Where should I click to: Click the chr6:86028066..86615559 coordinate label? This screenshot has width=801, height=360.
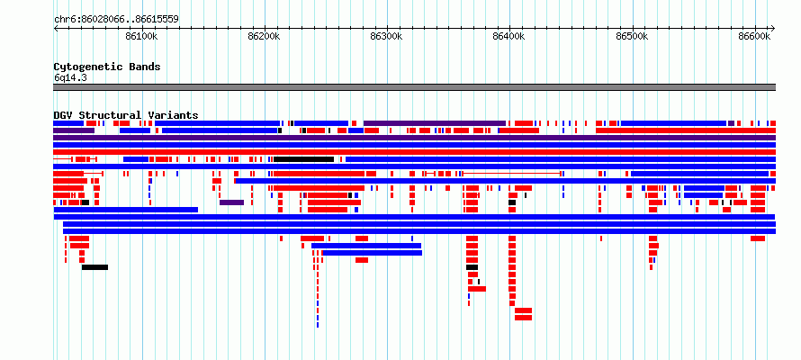coord(116,20)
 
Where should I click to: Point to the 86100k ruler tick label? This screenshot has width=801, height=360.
coord(141,36)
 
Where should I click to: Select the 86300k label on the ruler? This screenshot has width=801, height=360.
coord(387,36)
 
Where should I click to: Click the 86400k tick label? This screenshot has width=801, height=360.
coord(509,36)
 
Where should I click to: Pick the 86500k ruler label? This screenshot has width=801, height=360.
coord(632,36)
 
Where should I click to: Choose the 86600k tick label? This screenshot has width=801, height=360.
coord(754,36)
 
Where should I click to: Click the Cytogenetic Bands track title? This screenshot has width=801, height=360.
coord(107,67)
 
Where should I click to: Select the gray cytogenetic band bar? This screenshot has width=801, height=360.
coord(414,87)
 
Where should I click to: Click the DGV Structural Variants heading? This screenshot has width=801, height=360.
coord(126,115)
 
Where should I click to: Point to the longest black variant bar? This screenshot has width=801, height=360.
coord(303,159)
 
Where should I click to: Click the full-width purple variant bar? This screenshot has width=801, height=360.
coord(414,138)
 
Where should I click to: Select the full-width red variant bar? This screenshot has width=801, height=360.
coord(414,152)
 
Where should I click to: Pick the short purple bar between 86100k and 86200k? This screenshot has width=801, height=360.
coord(231,202)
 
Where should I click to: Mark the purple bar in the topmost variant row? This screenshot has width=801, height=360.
coord(434,123)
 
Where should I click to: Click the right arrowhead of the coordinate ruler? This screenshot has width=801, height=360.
coord(773,28)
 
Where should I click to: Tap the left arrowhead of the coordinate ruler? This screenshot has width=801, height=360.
coord(56,28)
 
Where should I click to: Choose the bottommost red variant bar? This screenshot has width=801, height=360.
coord(523,318)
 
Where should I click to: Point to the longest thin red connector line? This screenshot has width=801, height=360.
coord(511,174)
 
